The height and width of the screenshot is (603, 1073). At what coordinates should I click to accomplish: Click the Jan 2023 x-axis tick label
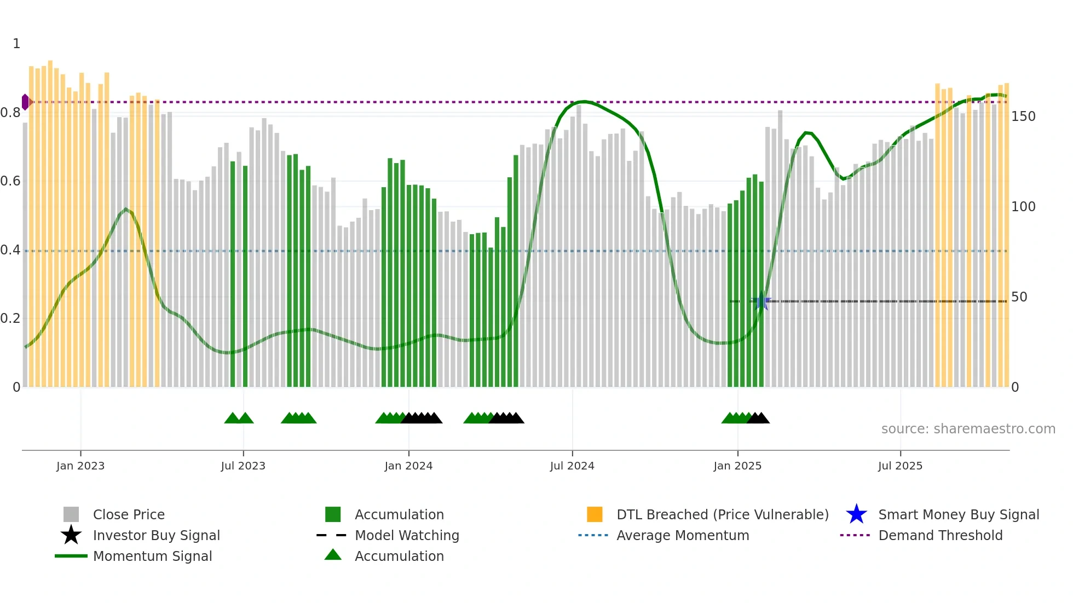click(80, 466)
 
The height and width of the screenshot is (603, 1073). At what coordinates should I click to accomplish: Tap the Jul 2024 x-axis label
click(572, 466)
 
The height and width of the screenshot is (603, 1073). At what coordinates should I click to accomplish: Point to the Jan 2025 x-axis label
click(737, 466)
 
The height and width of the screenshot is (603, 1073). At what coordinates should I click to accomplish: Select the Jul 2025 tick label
click(900, 466)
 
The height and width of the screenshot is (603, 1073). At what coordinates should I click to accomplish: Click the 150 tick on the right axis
click(1023, 117)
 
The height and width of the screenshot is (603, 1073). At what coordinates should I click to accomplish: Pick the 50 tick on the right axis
click(1019, 297)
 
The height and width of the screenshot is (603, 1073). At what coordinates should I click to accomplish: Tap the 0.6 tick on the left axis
click(10, 181)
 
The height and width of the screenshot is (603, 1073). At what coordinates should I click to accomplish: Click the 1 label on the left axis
click(16, 44)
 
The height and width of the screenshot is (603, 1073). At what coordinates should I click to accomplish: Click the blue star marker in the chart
click(762, 301)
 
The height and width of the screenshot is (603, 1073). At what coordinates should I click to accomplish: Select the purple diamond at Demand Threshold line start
click(25, 102)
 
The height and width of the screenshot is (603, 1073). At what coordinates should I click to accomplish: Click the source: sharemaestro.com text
click(968, 429)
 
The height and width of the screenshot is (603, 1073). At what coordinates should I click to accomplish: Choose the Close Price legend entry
click(129, 514)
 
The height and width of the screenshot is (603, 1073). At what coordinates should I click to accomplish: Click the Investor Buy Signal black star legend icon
click(71, 535)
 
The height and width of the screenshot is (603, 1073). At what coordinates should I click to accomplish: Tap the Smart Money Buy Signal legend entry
click(958, 514)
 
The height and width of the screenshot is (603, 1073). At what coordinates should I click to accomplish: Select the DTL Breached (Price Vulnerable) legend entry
click(722, 514)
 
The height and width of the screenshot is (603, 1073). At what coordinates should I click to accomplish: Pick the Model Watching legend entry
click(406, 535)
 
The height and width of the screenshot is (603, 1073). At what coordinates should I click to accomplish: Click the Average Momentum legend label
click(682, 535)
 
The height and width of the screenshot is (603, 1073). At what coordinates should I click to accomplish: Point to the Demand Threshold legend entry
click(940, 535)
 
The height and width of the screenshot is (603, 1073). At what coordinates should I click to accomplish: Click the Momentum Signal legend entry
click(152, 556)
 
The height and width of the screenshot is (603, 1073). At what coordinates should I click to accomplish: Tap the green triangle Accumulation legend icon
click(333, 555)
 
